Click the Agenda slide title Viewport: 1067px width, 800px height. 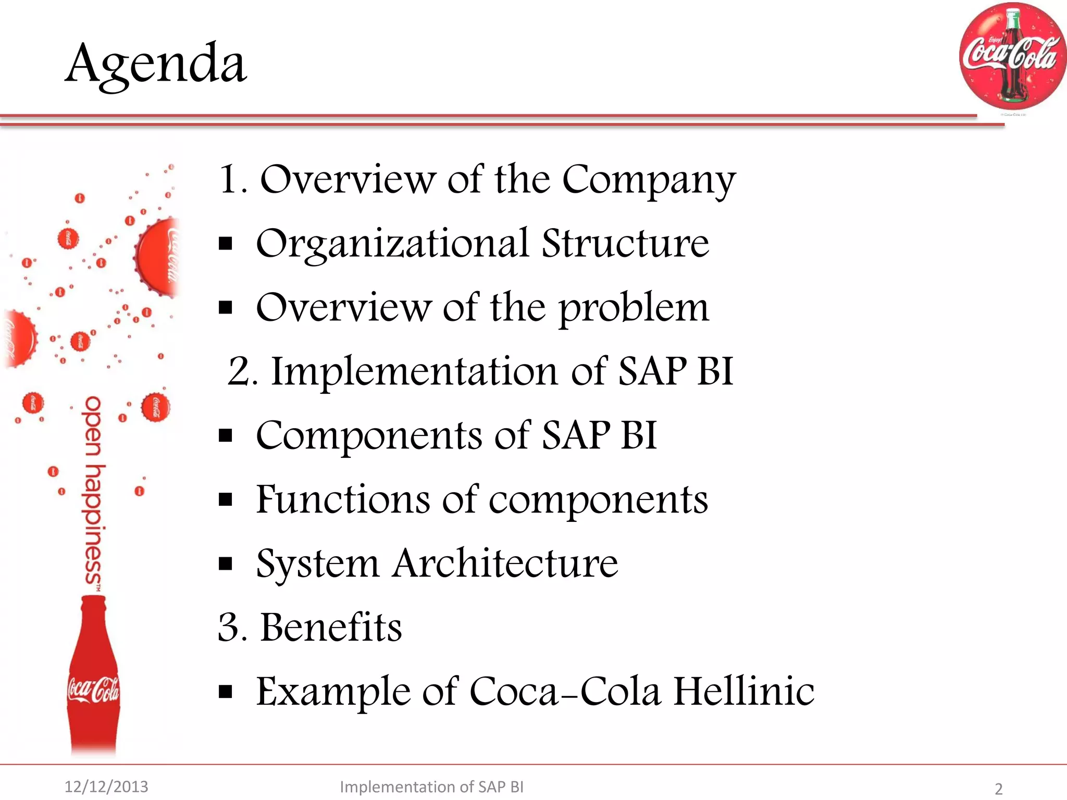tap(156, 64)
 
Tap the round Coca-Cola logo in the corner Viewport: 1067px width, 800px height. tap(1011, 56)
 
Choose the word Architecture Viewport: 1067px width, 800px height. tap(505, 564)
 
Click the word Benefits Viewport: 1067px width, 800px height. tap(331, 628)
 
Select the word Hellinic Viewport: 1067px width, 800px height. tap(743, 692)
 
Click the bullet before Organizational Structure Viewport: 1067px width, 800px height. tap(225, 244)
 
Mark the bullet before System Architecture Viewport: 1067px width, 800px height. tap(225, 564)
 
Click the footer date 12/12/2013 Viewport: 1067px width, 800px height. tap(106, 786)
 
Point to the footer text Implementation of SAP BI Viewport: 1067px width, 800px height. tap(431, 786)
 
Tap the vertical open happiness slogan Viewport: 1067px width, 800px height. tap(94, 492)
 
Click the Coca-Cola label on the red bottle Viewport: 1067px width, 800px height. tap(93, 690)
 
